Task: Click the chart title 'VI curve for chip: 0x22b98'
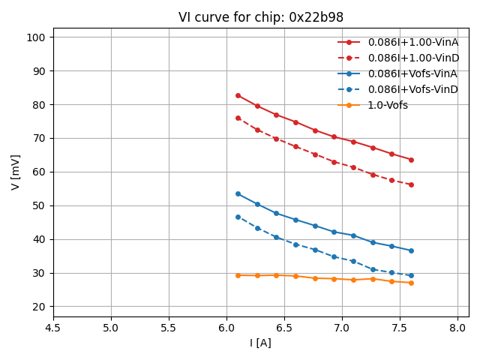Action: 261,17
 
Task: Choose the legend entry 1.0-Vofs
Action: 388,105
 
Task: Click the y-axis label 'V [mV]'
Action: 16,172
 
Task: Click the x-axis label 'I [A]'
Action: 260,343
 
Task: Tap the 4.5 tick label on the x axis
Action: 53,328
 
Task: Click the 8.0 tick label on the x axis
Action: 457,328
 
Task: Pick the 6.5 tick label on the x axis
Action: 284,328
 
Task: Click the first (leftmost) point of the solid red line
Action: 238,95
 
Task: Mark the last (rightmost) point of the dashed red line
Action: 411,184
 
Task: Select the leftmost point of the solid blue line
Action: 238,193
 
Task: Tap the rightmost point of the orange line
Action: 411,283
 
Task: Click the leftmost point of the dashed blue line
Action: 238,217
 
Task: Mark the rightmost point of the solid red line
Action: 411,160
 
